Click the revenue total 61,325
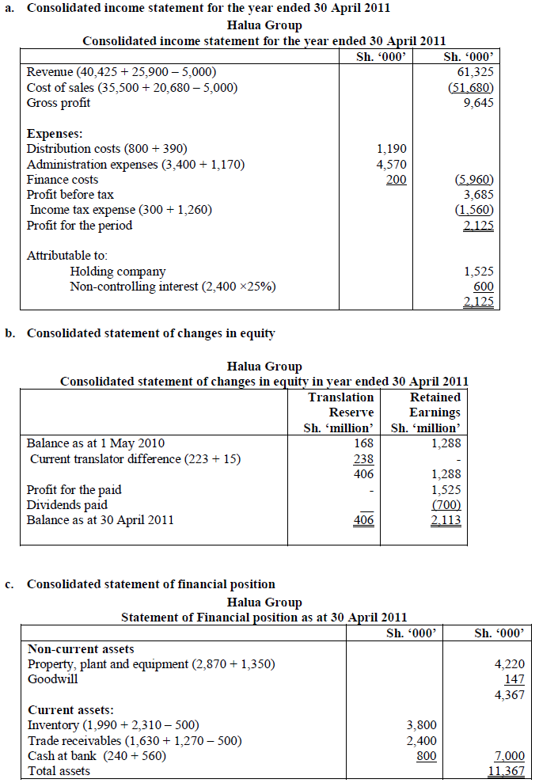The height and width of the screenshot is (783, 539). [477, 72]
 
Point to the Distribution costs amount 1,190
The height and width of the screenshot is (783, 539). [391, 149]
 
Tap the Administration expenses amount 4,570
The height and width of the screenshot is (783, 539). [391, 164]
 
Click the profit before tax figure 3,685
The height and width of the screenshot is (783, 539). [478, 195]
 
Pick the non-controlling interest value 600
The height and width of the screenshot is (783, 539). [483, 287]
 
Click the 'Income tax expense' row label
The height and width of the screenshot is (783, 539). [120, 210]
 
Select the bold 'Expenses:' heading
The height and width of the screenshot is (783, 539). [55, 133]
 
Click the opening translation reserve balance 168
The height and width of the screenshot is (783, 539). [363, 443]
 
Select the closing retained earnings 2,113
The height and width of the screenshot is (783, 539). [445, 520]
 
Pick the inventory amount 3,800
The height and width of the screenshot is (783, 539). [421, 725]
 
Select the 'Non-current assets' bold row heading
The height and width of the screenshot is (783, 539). [81, 649]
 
